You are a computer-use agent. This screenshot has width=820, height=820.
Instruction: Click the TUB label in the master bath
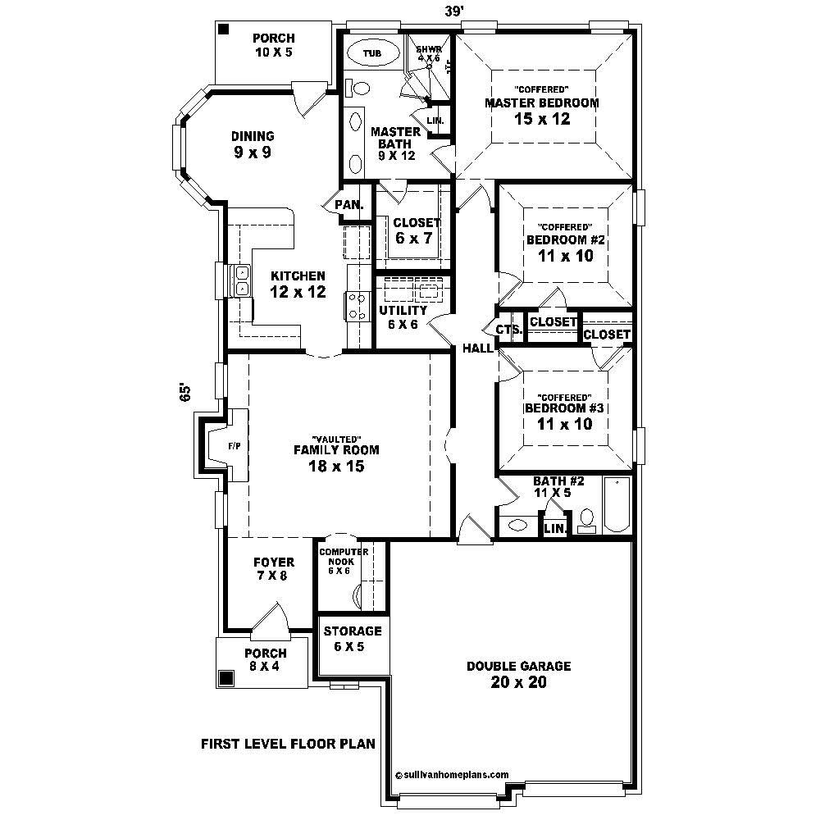[372, 53]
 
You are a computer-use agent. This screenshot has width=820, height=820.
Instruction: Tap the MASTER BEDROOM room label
[541, 103]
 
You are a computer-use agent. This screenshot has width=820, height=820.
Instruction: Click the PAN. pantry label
[349, 204]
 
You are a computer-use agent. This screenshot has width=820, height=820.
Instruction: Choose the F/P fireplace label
[235, 445]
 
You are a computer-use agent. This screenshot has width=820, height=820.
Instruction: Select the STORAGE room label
[353, 631]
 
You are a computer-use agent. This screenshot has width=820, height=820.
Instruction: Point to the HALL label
[478, 348]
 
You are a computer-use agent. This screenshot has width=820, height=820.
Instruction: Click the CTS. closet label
[508, 329]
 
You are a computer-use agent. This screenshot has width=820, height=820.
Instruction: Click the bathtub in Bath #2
[616, 506]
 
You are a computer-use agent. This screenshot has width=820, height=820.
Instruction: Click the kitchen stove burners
[358, 306]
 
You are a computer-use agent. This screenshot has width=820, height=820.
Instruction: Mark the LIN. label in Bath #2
[555, 529]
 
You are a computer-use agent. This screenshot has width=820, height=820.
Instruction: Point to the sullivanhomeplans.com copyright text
[452, 773]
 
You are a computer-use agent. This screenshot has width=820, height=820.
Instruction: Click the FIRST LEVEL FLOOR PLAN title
[288, 745]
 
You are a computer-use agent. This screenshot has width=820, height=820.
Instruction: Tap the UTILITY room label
[403, 312]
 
